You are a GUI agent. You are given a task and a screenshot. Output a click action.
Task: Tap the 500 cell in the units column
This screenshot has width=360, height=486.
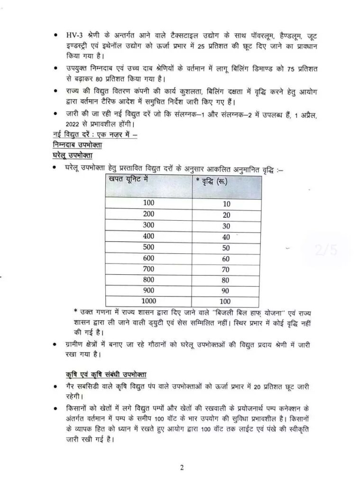tap(149, 247)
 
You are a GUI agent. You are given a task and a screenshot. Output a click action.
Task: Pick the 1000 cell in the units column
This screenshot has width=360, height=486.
tap(149, 301)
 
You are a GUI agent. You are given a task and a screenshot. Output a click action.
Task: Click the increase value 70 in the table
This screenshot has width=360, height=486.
tap(226, 270)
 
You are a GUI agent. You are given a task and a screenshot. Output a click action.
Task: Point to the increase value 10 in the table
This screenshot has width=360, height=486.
tap(226, 204)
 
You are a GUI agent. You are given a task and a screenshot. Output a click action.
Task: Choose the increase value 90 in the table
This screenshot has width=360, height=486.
tap(226, 290)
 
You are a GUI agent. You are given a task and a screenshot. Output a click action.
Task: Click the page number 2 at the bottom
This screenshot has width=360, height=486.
tap(181, 467)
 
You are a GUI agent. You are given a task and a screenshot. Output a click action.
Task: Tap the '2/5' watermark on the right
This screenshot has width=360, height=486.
tap(326, 250)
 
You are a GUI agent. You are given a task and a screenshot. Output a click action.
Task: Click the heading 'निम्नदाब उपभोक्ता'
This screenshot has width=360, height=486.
tap(79, 145)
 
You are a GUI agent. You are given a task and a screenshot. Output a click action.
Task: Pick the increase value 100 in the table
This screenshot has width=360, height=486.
tap(226, 301)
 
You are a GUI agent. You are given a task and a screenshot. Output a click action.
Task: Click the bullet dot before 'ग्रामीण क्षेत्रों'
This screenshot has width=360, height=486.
tap(56, 344)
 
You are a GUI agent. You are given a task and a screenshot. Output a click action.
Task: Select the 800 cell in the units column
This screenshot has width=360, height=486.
tap(149, 280)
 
